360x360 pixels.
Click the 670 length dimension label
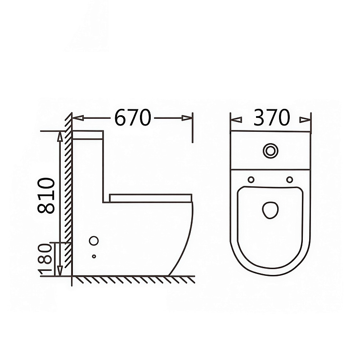click(x=132, y=117)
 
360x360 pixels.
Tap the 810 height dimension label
click(x=46, y=196)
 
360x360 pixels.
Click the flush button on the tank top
click(x=270, y=151)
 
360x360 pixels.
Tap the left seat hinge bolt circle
click(x=251, y=180)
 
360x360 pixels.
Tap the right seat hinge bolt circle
click(x=290, y=180)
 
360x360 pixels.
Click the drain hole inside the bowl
click(x=270, y=210)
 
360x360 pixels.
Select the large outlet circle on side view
click(x=94, y=241)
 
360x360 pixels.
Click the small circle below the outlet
click(x=94, y=256)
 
